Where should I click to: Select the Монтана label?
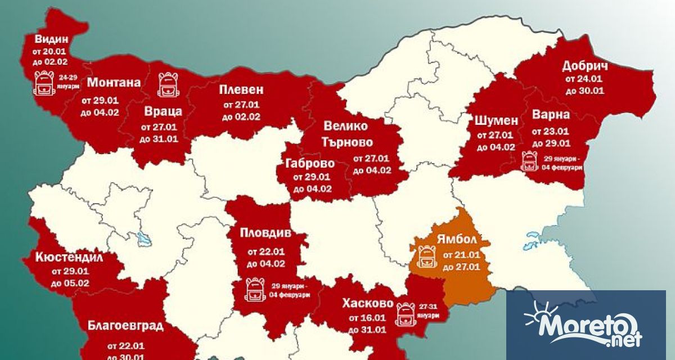click(114, 83)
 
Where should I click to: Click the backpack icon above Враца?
click(167, 84)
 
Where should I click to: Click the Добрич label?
click(585, 66)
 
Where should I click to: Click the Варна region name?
click(551, 115)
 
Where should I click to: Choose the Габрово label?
click(310, 164)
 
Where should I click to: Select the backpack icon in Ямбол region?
click(427, 256)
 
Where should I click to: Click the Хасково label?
click(367, 304)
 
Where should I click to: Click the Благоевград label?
click(125, 326)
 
